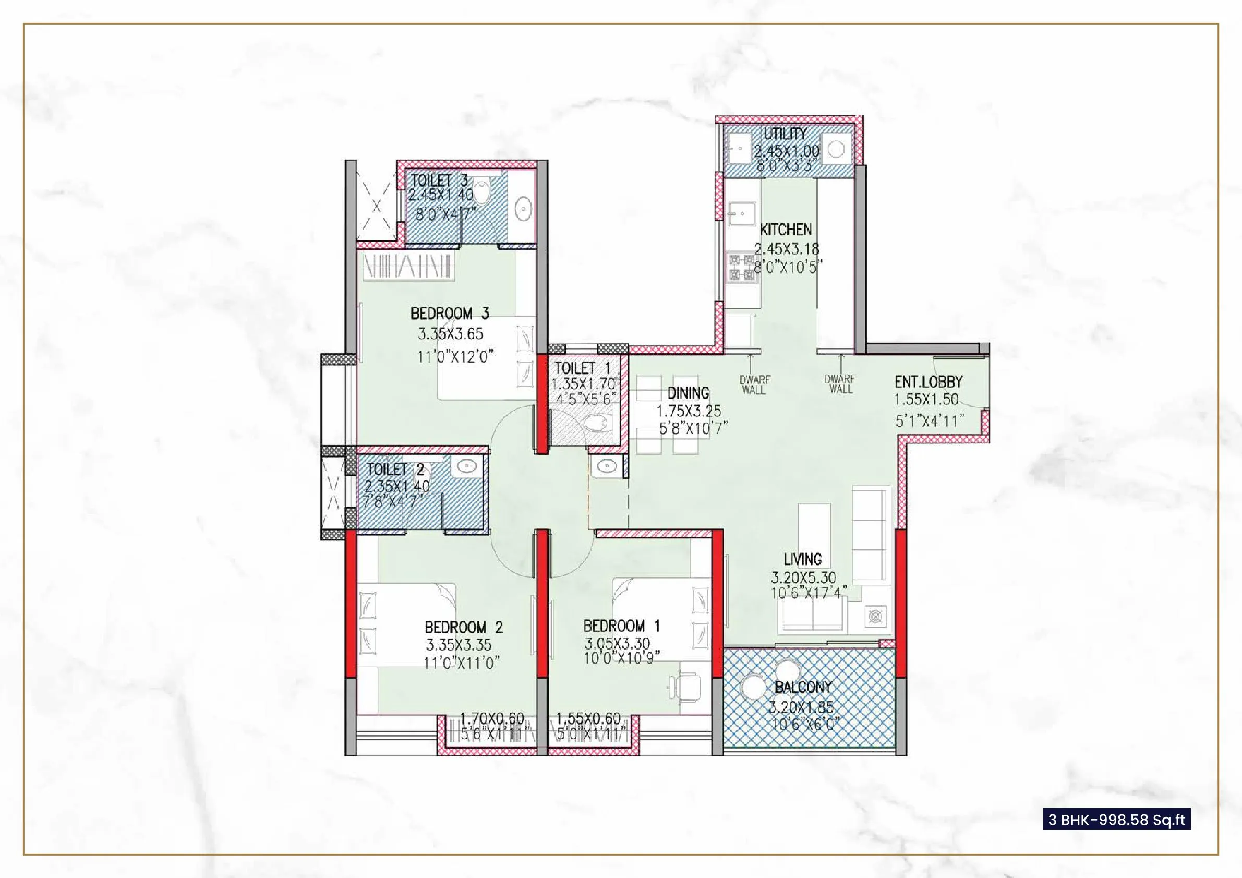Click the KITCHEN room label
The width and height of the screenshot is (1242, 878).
pyautogui.click(x=786, y=230)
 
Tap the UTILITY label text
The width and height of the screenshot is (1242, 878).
pyautogui.click(x=785, y=134)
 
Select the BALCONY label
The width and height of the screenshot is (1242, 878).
pyautogui.click(x=803, y=687)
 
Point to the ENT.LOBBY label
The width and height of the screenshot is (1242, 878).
pyautogui.click(x=929, y=382)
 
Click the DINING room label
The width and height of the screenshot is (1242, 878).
pyautogui.click(x=688, y=393)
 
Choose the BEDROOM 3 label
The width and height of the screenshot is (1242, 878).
pyautogui.click(x=450, y=313)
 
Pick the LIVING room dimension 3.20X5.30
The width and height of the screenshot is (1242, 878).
pyautogui.click(x=803, y=577)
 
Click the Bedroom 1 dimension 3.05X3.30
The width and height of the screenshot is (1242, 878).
pyautogui.click(x=617, y=644)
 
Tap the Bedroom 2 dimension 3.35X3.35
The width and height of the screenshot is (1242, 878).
pyautogui.click(x=458, y=645)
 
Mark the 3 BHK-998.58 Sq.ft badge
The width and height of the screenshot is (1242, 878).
pyautogui.click(x=1116, y=820)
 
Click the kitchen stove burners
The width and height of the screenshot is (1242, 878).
pyautogui.click(x=742, y=267)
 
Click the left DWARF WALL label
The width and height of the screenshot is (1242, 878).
pyautogui.click(x=754, y=384)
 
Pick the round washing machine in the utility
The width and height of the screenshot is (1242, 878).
pyautogui.click(x=836, y=149)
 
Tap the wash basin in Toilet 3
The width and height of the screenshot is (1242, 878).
pyautogui.click(x=523, y=209)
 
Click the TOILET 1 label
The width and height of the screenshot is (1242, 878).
pyautogui.click(x=582, y=368)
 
